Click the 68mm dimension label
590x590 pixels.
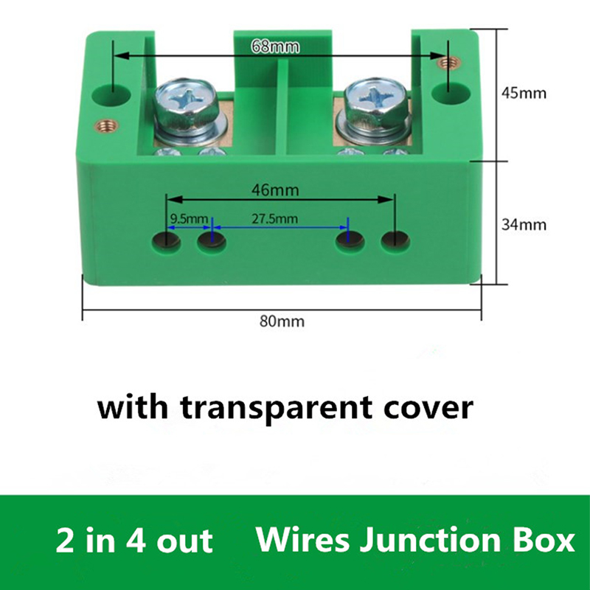point(275,46)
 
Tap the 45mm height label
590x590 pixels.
point(524,93)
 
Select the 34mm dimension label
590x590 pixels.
point(524,225)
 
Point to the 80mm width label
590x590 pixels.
point(282,322)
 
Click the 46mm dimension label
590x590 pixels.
point(275,190)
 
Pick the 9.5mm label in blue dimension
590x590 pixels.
point(189,218)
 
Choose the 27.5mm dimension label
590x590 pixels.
point(274,218)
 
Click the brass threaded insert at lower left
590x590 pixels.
point(107,125)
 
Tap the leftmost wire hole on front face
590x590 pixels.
point(166,241)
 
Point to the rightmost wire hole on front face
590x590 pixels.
point(395,241)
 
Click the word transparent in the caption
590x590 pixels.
point(276,409)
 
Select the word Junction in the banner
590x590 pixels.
point(430,541)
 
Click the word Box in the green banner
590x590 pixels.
point(543,540)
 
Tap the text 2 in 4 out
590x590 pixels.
point(134,541)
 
